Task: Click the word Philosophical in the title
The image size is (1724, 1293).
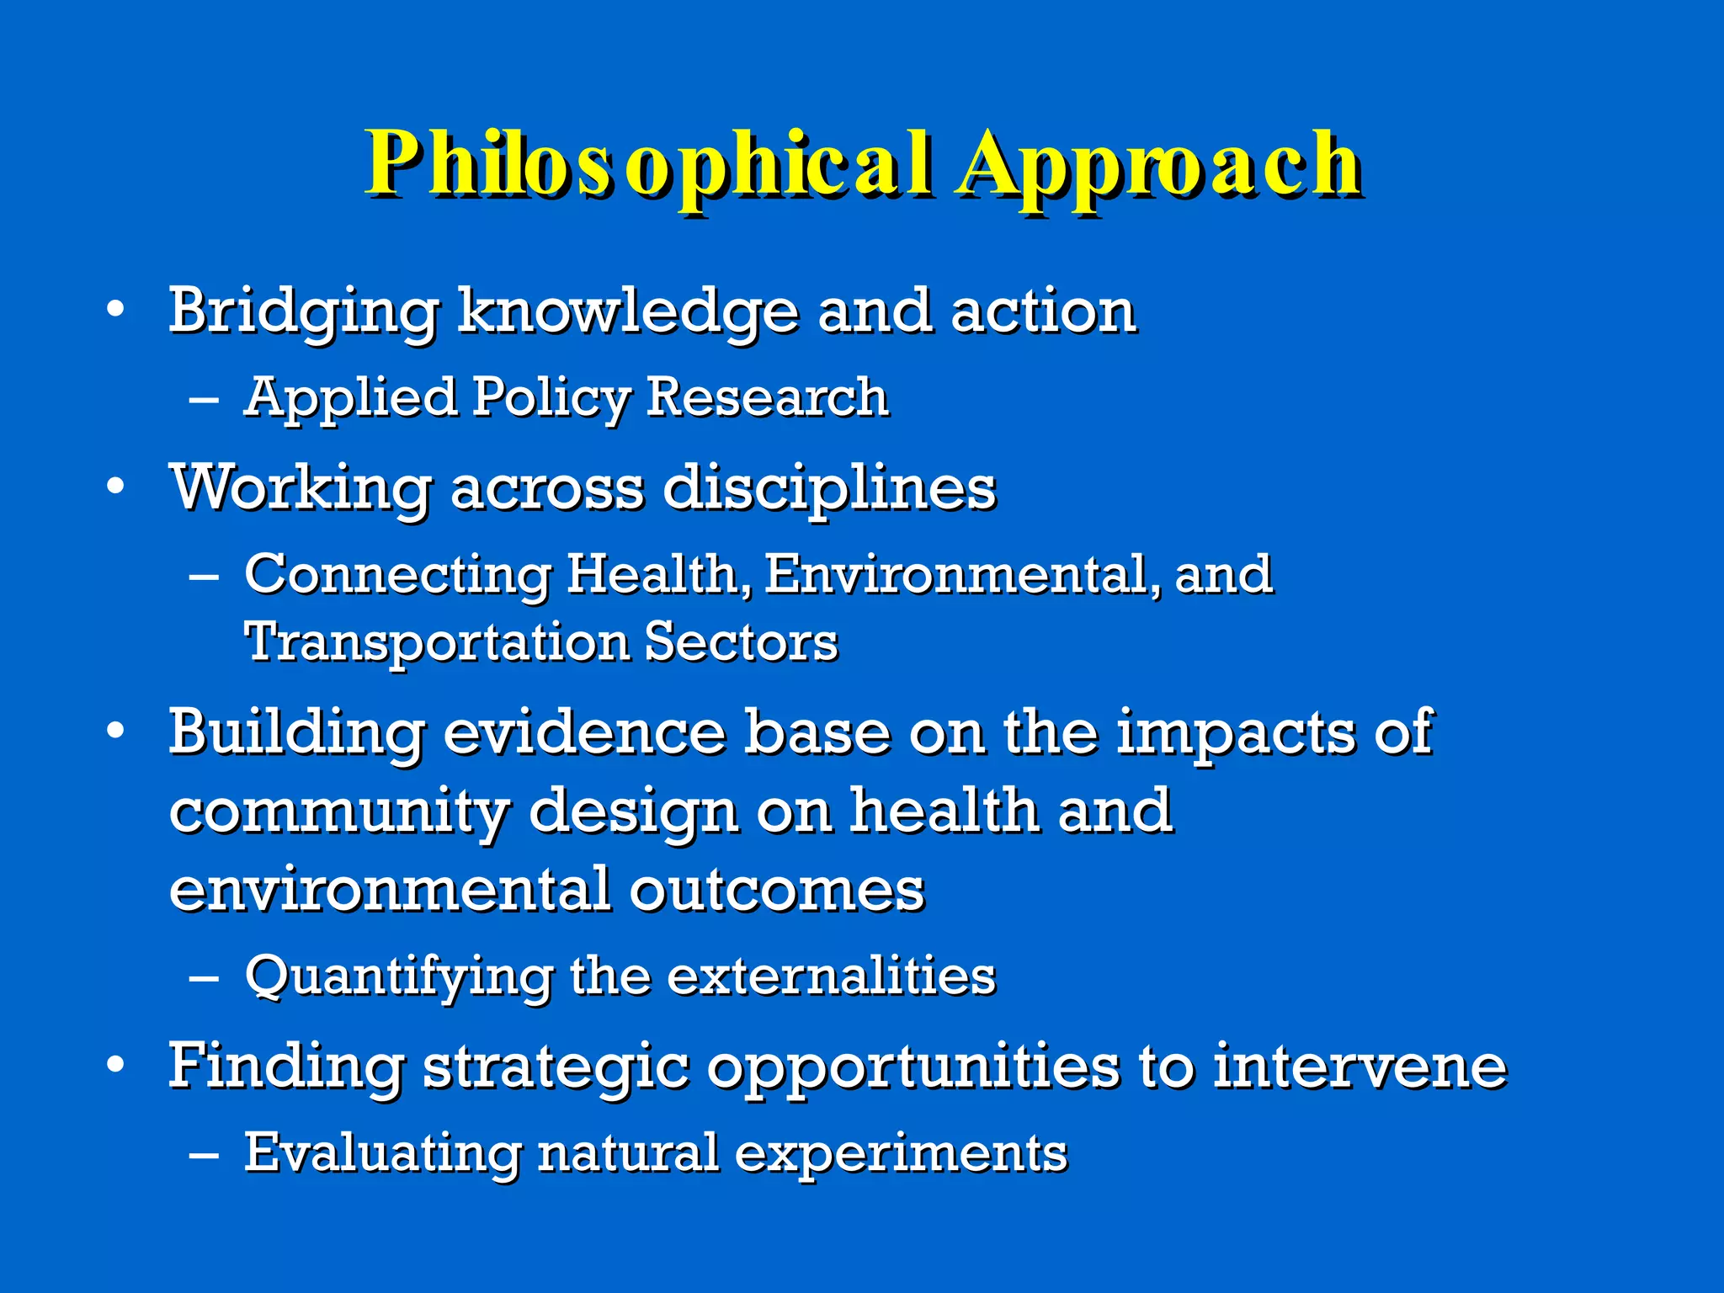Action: tap(648, 164)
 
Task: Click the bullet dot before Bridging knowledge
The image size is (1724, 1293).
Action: tap(116, 310)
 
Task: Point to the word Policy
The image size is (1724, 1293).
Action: tap(551, 397)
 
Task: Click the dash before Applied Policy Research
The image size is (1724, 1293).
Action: tap(204, 399)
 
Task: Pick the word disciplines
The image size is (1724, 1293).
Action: tap(829, 488)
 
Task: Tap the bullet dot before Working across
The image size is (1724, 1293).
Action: tap(116, 486)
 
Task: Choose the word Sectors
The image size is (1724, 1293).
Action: tap(741, 642)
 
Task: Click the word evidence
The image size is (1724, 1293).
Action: tap(583, 732)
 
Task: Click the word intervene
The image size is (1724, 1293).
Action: tap(1359, 1067)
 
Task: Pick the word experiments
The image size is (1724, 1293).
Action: tap(901, 1153)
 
